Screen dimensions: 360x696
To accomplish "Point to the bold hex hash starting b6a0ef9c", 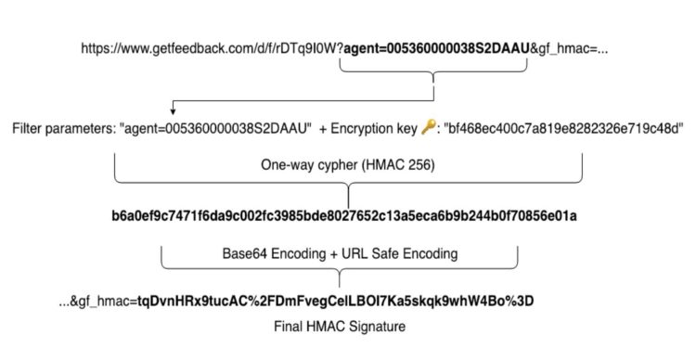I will click(345, 216).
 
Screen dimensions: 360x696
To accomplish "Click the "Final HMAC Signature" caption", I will click(342, 327).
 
